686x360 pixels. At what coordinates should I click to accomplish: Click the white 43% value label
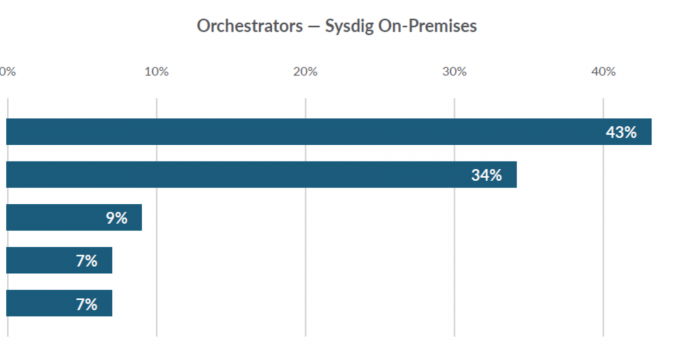pos(620,132)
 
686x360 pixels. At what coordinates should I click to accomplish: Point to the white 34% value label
pos(486,175)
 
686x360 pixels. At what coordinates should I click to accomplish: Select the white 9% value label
pos(116,218)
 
